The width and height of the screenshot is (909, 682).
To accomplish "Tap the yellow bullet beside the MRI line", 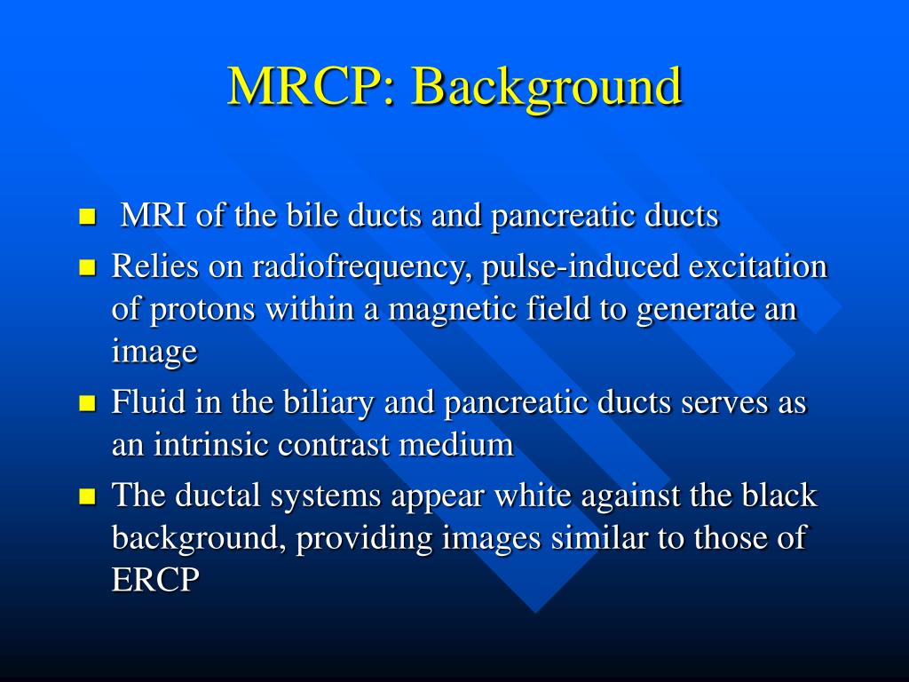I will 86,217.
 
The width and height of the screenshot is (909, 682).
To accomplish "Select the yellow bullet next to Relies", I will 86,267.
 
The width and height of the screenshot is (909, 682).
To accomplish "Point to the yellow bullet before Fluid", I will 86,404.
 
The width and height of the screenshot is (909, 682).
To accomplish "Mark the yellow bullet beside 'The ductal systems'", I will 86,496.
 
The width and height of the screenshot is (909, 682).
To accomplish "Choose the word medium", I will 456,444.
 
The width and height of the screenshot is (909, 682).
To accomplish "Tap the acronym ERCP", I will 155,580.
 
